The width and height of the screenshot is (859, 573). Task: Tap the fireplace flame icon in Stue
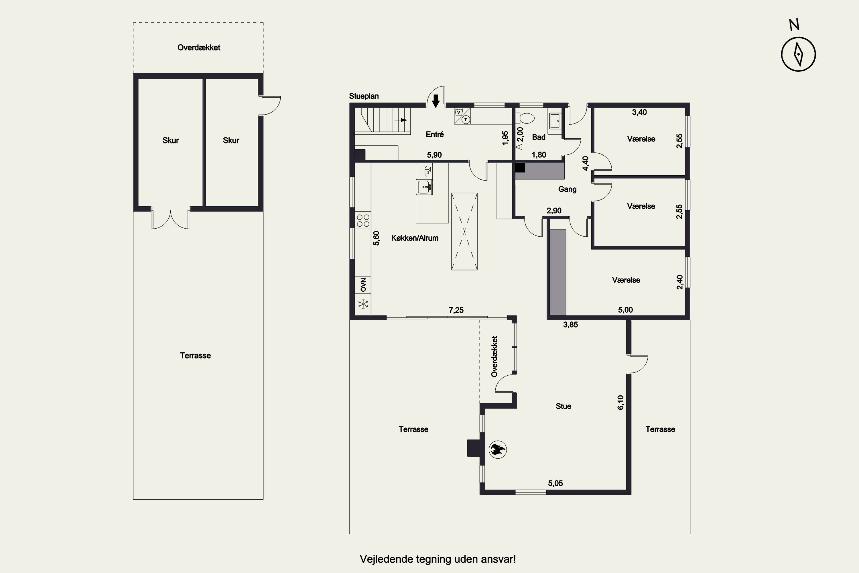[497, 450]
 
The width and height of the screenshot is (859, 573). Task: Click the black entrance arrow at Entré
[436, 101]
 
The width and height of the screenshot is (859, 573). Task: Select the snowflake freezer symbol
[363, 304]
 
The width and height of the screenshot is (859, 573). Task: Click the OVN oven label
[363, 285]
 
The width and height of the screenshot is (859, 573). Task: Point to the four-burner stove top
[363, 220]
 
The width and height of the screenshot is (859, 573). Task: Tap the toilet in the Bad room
[525, 118]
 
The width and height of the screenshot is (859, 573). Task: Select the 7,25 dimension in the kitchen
[456, 310]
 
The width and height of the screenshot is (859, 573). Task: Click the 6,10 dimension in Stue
[621, 402]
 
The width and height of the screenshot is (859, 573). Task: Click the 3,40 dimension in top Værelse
[639, 113]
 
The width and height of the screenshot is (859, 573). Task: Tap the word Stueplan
[364, 96]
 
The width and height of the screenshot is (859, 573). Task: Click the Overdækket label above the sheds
[199, 48]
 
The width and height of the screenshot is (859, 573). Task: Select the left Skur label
[171, 140]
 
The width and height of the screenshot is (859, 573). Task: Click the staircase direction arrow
[401, 120]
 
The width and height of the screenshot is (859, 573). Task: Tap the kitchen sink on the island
[424, 187]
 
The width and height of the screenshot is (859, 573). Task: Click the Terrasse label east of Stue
[660, 429]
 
